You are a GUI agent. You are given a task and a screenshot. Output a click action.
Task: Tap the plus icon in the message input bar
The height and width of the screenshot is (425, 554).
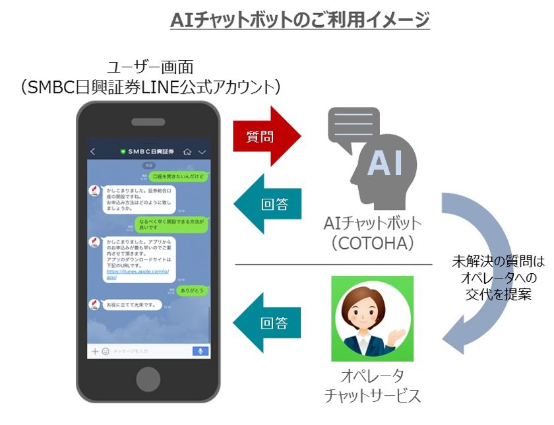pyautogui.click(x=95, y=351)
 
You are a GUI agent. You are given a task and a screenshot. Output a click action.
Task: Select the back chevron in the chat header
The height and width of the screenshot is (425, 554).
pyautogui.click(x=93, y=152)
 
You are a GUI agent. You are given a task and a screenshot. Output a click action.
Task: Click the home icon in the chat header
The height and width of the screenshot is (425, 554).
pyautogui.click(x=187, y=152)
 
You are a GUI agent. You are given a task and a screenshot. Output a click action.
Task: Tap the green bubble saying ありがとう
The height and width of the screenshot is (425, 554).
pyautogui.click(x=193, y=290)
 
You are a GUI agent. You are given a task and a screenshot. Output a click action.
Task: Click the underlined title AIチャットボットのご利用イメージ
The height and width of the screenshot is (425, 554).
pyautogui.click(x=300, y=20)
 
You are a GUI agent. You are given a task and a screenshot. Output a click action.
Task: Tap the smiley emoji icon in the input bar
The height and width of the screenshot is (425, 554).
pyautogui.click(x=105, y=351)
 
